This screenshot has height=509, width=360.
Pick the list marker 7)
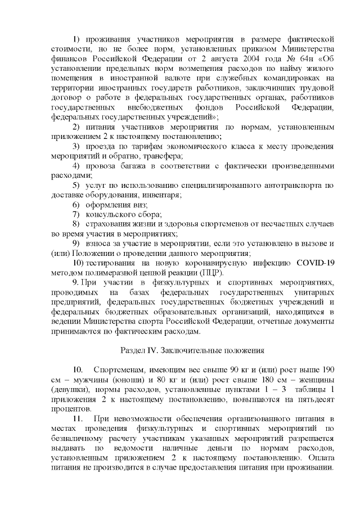point(77,214)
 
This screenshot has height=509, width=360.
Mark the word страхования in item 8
point(109,224)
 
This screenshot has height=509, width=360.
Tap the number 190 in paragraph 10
point(327,370)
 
